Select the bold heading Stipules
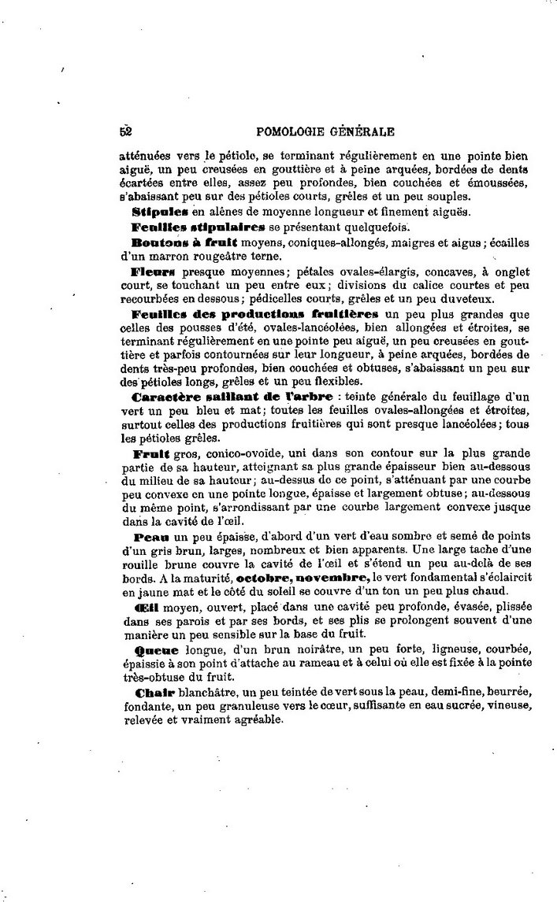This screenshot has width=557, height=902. click(x=158, y=211)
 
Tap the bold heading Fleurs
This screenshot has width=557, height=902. click(x=151, y=270)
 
